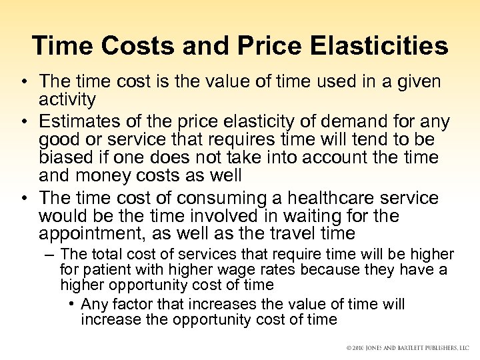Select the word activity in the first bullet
coord(67,100)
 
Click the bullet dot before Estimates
coord(23,123)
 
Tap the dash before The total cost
coord(50,255)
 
